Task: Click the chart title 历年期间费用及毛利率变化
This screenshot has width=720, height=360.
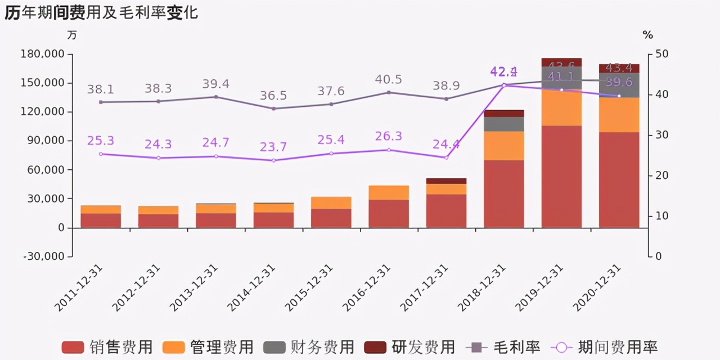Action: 101,12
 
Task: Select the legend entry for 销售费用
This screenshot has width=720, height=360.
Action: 107,347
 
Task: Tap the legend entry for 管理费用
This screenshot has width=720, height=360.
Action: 208,347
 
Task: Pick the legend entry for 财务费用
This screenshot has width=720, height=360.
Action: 309,347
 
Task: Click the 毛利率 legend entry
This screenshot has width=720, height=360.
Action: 503,347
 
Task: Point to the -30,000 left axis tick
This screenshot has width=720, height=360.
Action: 44,256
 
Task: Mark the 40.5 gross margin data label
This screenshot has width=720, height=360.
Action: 388,80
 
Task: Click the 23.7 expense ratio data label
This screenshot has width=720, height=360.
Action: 273,147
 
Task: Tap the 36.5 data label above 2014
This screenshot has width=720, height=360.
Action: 273,96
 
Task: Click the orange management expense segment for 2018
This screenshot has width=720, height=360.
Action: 503,146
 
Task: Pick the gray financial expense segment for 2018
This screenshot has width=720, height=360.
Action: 503,124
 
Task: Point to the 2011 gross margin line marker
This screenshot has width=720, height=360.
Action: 101,102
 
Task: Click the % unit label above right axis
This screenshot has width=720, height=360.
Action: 648,35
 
